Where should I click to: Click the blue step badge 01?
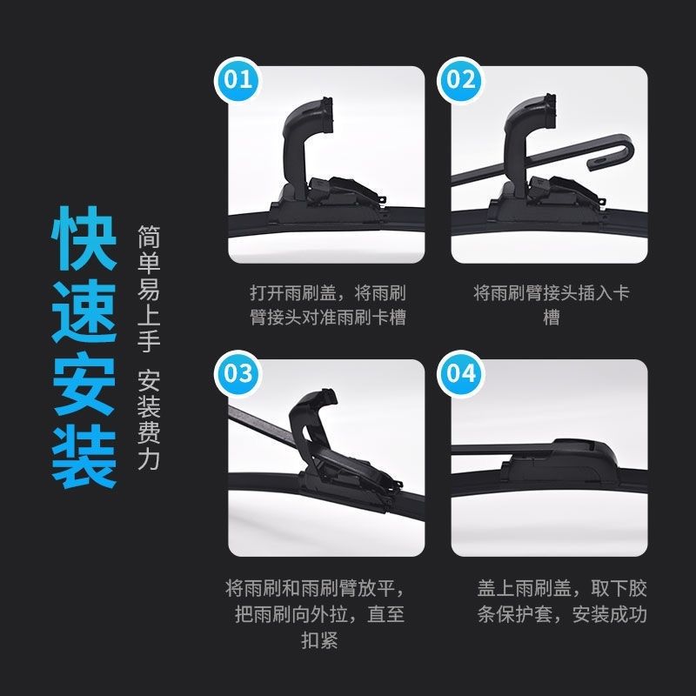click(238, 80)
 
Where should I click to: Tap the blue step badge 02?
click(460, 80)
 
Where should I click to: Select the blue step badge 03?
click(238, 373)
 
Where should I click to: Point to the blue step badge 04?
click(460, 373)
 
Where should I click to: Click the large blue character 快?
click(84, 238)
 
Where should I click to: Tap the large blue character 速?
click(84, 311)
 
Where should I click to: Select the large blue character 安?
click(84, 384)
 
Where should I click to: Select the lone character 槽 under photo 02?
click(552, 318)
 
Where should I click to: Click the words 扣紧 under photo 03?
click(319, 639)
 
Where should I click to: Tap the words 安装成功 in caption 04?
click(610, 614)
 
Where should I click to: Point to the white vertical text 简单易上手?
click(148, 288)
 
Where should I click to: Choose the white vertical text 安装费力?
click(148, 419)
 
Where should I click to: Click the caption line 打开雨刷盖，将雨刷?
click(328, 293)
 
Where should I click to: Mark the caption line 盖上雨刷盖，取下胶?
click(562, 588)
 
